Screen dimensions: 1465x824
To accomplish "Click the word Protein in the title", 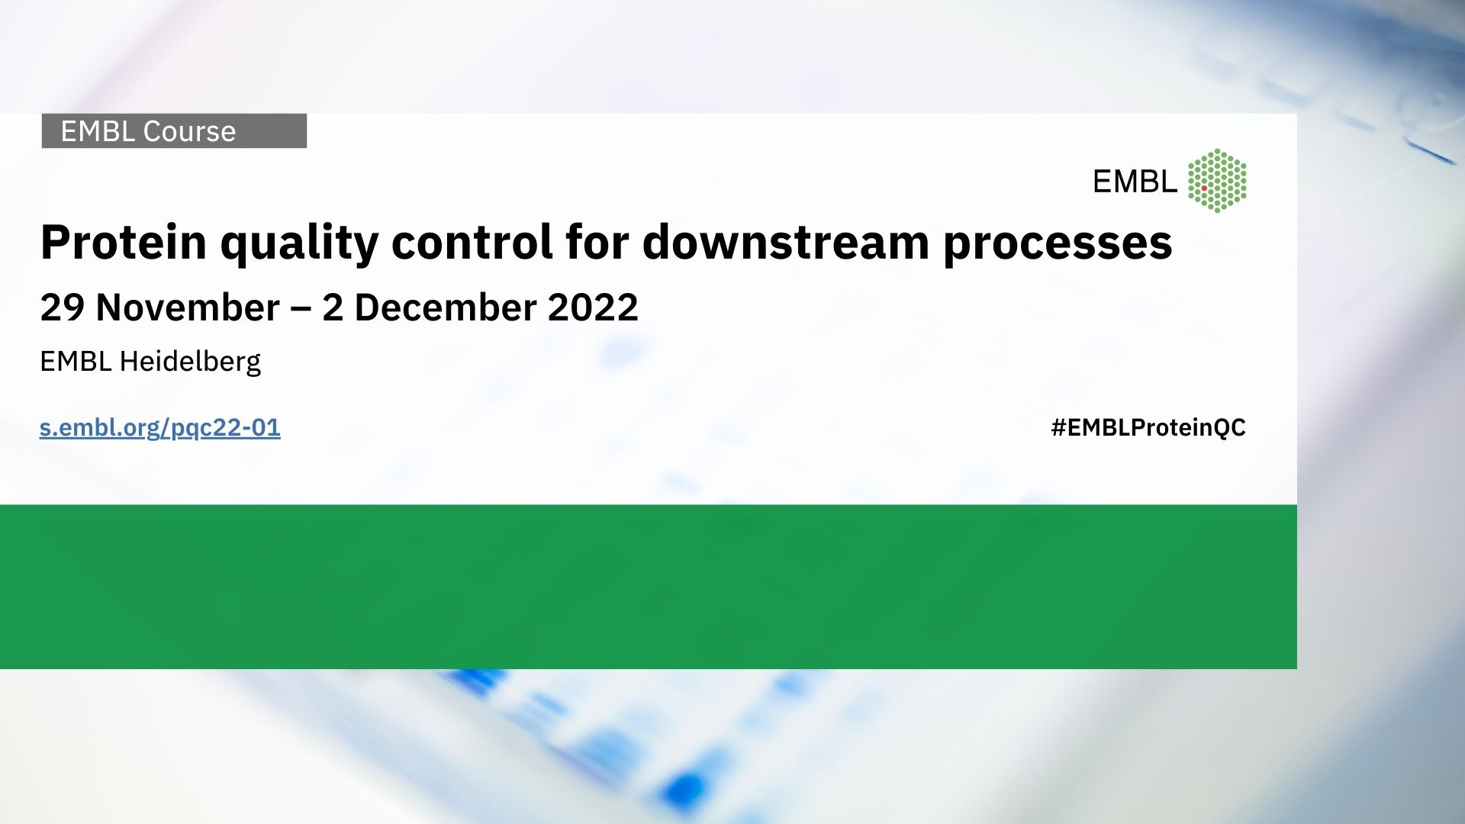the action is pos(124,243).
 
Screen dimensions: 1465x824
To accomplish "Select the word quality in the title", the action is pos(299,244).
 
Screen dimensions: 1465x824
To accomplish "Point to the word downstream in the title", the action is pos(784,242).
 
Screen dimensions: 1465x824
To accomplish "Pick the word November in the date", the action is pos(188,307).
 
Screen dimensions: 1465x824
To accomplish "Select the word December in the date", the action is pos(446,307).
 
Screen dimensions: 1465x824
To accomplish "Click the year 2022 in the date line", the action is pos(593,307).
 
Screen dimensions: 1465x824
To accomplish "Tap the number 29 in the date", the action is pos(63,307).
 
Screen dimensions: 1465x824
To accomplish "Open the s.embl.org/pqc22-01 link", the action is pos(160,427).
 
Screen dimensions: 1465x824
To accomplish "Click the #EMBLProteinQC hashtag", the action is pos(1148,427).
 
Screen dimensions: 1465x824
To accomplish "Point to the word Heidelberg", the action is pos(190,362).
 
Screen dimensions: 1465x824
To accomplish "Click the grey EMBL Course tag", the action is pos(174,131).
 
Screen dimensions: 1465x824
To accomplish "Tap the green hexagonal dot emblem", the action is pos(1217,181).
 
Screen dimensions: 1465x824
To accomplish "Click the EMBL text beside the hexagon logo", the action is pos(1135,182).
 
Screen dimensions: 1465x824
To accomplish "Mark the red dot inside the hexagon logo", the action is pos(1204,188).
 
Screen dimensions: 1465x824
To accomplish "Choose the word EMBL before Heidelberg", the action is pos(76,362).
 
